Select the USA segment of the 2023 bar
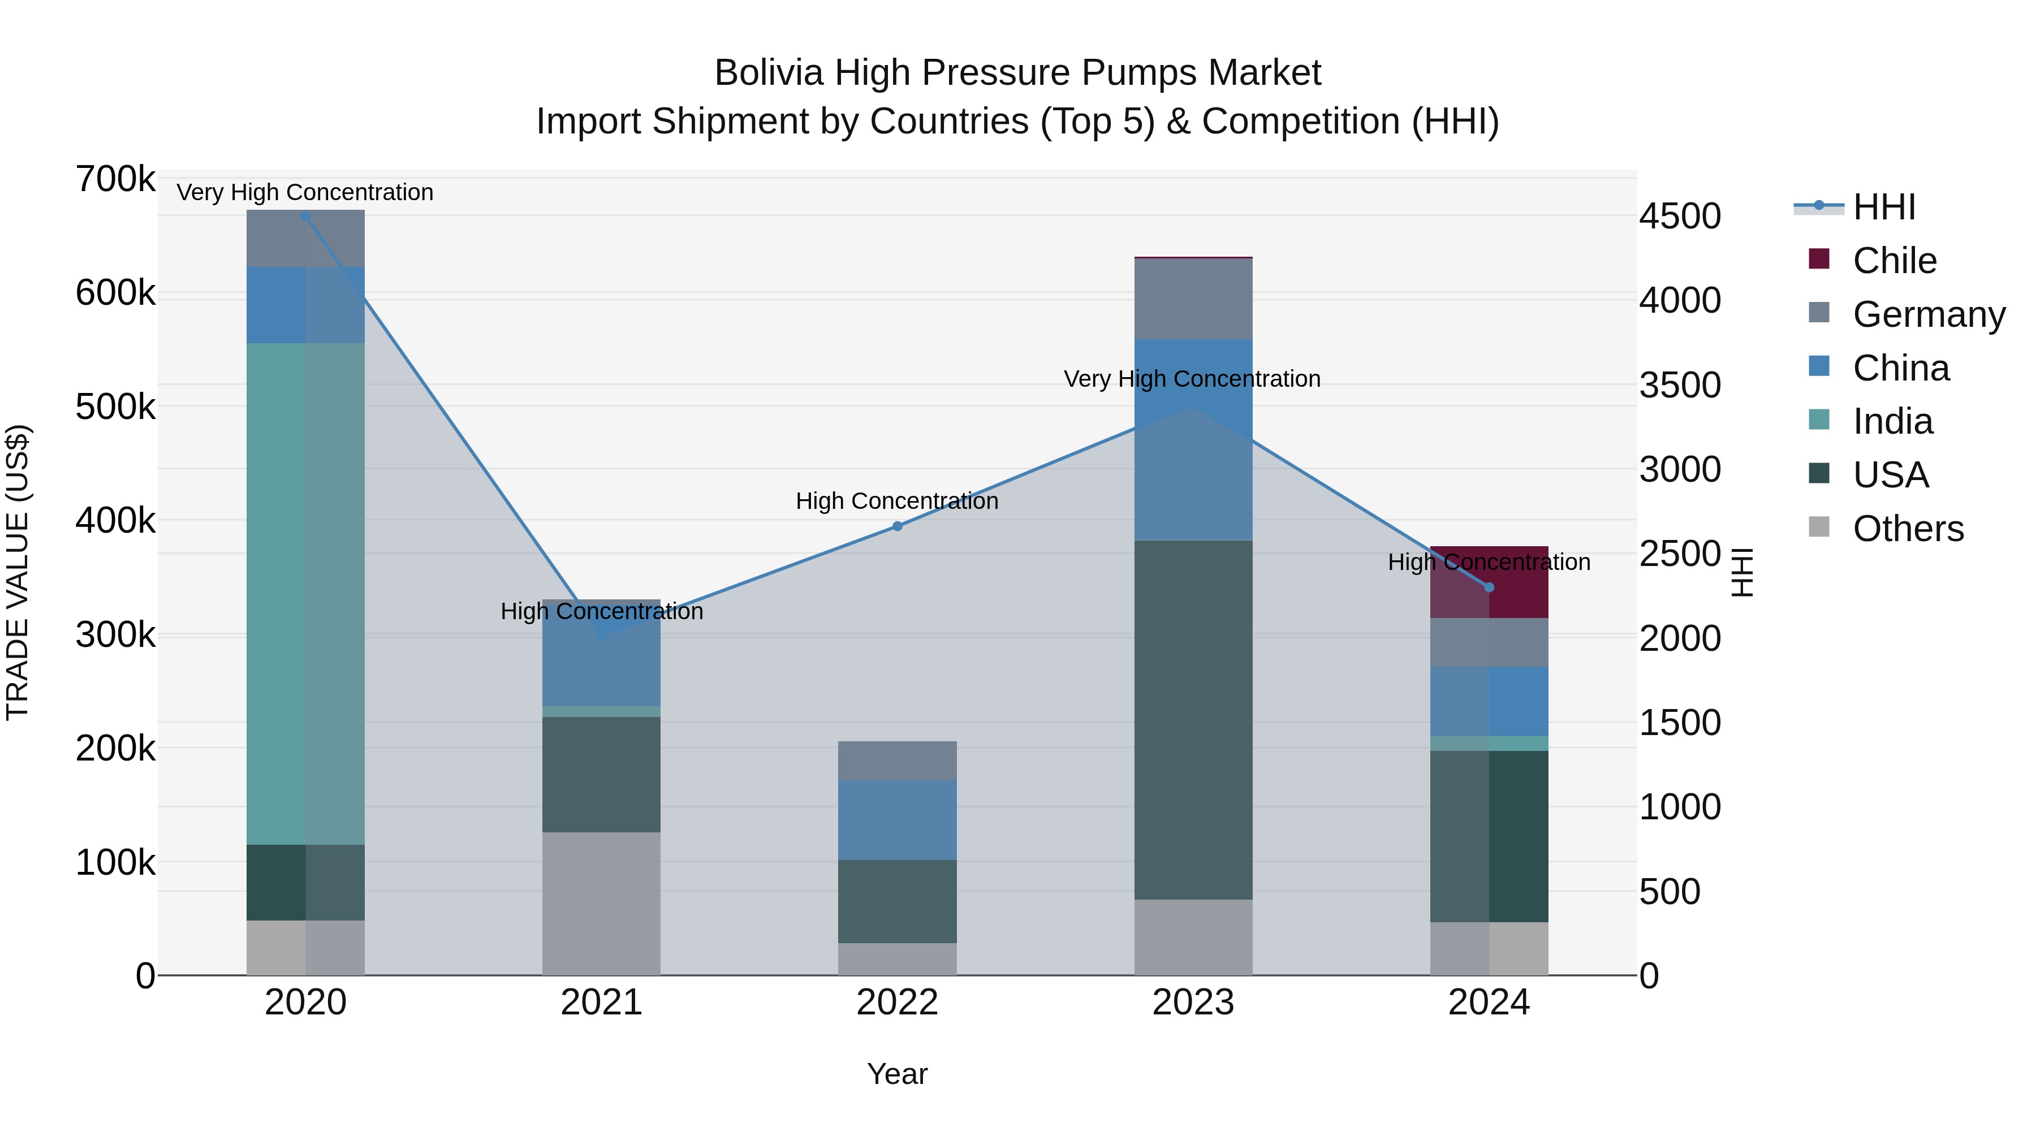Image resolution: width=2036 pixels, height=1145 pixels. pyautogui.click(x=1193, y=719)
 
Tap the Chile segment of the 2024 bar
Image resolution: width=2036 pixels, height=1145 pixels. pyautogui.click(x=1489, y=582)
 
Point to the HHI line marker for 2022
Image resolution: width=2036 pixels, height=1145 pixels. pyautogui.click(x=897, y=526)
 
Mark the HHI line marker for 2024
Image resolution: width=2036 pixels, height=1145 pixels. pyautogui.click(x=1489, y=587)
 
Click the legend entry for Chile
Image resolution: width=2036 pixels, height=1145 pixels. pyautogui.click(x=1893, y=261)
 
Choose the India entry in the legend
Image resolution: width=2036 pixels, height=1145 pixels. pyautogui.click(x=1892, y=421)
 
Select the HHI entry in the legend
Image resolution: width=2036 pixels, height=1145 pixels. pyautogui.click(x=1883, y=207)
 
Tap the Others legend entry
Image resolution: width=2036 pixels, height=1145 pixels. pyautogui.click(x=1907, y=529)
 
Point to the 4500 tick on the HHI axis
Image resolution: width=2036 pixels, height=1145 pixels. pyautogui.click(x=1680, y=216)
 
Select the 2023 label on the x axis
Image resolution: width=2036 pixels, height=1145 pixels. pyautogui.click(x=1193, y=1002)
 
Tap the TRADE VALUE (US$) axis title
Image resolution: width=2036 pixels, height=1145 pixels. pyautogui.click(x=18, y=572)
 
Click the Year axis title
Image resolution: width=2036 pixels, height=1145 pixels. pyautogui.click(x=897, y=1074)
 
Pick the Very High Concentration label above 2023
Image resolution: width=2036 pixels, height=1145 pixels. pyautogui.click(x=1192, y=379)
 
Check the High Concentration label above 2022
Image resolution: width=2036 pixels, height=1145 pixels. pyautogui.click(x=897, y=501)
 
